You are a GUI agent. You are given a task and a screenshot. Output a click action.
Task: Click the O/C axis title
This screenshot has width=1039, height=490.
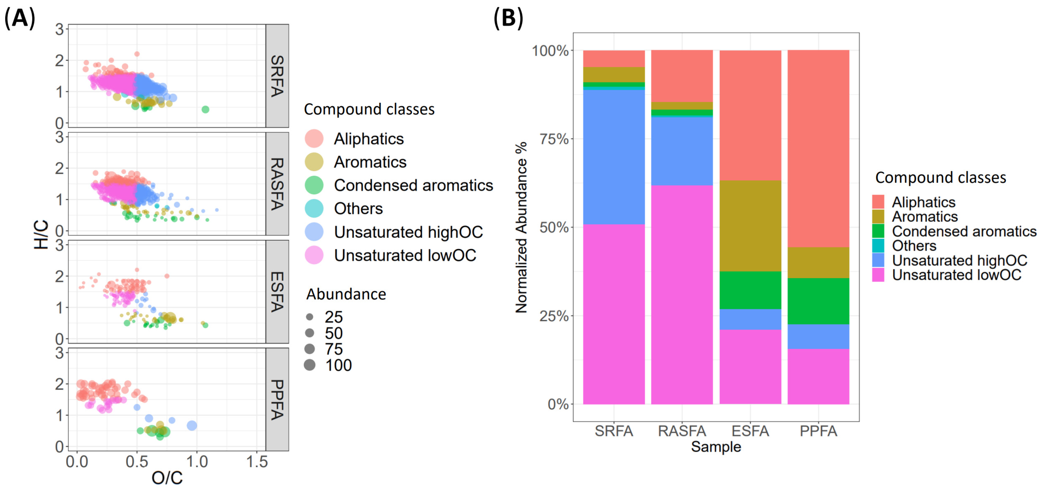[167, 478]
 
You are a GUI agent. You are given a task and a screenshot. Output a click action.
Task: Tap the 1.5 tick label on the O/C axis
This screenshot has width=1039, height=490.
[257, 461]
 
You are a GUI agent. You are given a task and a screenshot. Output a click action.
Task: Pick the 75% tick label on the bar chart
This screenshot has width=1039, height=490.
[554, 139]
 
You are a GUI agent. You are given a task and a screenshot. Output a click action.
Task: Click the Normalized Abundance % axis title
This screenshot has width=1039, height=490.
[521, 227]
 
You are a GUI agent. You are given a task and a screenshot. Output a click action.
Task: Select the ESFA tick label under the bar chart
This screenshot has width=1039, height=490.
[750, 431]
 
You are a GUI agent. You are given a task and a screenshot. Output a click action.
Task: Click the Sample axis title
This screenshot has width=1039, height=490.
[716, 447]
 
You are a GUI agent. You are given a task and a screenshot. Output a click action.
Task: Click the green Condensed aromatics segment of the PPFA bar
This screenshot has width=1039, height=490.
[818, 301]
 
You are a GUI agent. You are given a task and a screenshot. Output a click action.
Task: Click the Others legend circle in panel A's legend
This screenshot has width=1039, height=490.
[314, 209]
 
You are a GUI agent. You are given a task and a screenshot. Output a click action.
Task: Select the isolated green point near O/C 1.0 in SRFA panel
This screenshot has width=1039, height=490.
[205, 109]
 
